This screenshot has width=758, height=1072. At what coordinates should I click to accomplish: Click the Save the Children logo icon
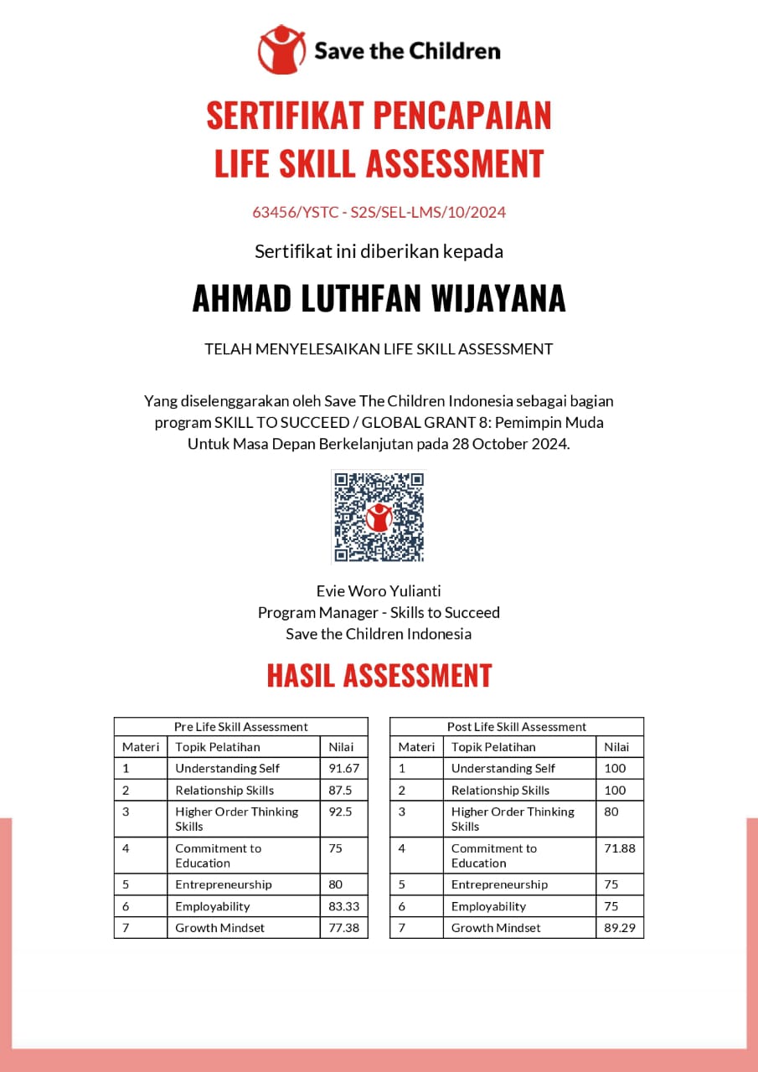pos(281,49)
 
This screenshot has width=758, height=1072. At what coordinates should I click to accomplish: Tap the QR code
pos(379,517)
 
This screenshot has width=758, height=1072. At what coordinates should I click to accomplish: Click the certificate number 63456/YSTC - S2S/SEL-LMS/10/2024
pos(379,212)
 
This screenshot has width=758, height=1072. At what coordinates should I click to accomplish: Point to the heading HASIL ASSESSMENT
pos(379,675)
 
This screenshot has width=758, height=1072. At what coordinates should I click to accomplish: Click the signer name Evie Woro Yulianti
pos(379,591)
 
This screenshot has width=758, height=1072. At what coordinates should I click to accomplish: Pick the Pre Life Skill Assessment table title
pos(240,727)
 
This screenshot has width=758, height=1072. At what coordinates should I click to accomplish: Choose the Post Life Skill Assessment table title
pos(517,727)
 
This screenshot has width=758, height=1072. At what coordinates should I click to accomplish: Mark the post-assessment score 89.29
pos(620,927)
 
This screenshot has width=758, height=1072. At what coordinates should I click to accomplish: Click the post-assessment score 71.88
pos(620,848)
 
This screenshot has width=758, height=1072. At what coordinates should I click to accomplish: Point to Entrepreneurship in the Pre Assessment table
pos(224,884)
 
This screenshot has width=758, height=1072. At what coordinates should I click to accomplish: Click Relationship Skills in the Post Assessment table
pos(500,790)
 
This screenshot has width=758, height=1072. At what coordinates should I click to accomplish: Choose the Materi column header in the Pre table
pos(141,747)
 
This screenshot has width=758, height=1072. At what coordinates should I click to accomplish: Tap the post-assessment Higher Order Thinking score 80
pos(612,811)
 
